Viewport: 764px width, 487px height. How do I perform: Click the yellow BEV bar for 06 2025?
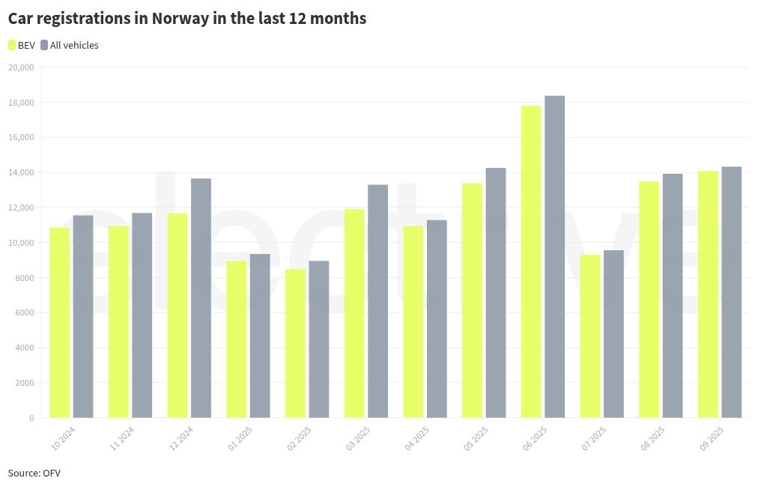[x=531, y=261]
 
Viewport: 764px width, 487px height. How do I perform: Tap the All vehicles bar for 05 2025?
[x=496, y=292]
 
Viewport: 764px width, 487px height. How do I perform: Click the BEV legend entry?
[x=22, y=45]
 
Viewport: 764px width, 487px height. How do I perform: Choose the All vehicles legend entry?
[x=69, y=45]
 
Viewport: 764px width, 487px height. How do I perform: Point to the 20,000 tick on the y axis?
[x=21, y=67]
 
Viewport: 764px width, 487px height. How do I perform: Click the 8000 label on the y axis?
[x=24, y=278]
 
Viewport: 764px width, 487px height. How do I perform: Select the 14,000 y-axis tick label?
[x=21, y=172]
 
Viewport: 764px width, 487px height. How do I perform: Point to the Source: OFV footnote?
[x=34, y=473]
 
